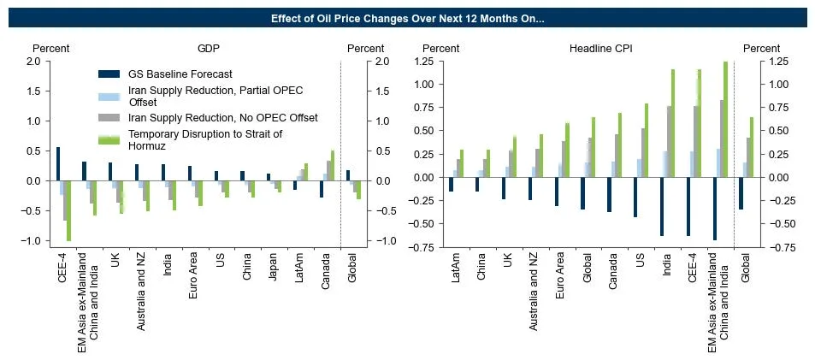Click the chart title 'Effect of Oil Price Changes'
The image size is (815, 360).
[x=407, y=18]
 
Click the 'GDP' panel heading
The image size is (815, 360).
[x=209, y=49]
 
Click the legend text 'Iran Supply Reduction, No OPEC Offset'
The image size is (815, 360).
[x=223, y=117]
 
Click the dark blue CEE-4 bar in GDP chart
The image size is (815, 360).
[x=58, y=163]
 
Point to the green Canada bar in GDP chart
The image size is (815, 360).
[x=333, y=166]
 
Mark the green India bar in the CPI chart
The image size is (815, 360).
[x=672, y=123]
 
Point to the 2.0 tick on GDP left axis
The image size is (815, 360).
[x=33, y=62]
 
